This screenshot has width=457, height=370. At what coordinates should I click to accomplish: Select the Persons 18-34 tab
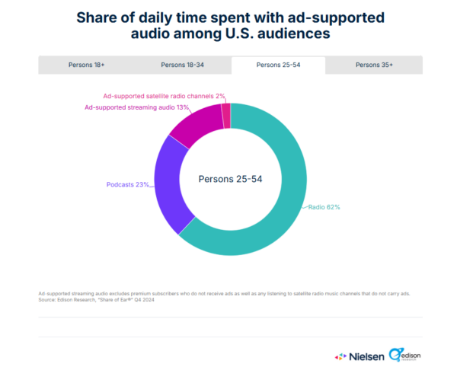click(x=183, y=65)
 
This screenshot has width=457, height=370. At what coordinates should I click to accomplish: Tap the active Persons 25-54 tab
click(x=279, y=65)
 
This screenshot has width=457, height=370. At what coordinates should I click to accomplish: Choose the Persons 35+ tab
click(x=374, y=65)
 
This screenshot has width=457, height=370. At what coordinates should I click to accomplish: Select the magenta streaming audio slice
click(x=193, y=126)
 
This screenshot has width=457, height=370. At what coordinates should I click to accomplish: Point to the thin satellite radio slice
click(x=225, y=115)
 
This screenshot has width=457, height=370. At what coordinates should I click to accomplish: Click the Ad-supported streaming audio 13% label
click(x=136, y=107)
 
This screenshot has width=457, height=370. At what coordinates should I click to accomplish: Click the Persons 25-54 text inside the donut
click(x=231, y=179)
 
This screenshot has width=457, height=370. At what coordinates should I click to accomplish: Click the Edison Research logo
click(x=404, y=355)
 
